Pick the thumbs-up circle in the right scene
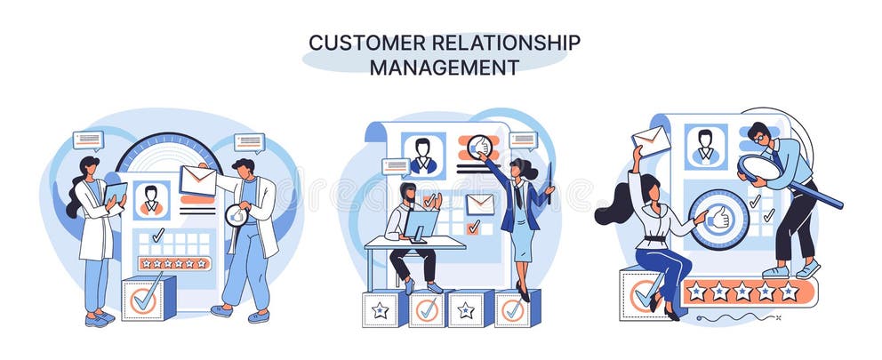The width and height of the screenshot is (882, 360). [x=718, y=218]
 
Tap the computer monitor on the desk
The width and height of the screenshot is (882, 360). [x=421, y=224]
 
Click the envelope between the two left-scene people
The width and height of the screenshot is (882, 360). [x=197, y=180]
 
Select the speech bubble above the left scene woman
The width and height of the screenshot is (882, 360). [x=88, y=140]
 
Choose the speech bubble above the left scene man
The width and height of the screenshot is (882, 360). [x=249, y=141]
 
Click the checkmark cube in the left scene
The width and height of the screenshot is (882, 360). [x=146, y=299]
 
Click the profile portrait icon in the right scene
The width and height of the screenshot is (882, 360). [x=706, y=146]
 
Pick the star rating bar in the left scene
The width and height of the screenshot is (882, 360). [x=174, y=263]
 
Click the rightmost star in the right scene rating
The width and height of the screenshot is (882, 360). [x=789, y=292]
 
